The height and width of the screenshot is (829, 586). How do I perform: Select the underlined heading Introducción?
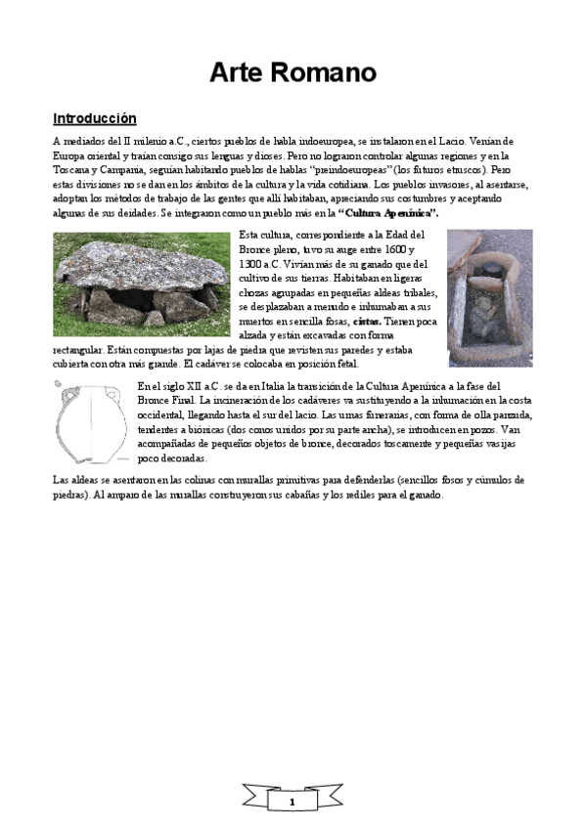tap(94, 119)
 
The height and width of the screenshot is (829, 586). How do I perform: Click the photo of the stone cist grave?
tap(489, 296)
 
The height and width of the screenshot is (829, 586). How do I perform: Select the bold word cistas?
tap(367, 320)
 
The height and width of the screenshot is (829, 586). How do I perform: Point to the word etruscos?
tap(452, 170)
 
